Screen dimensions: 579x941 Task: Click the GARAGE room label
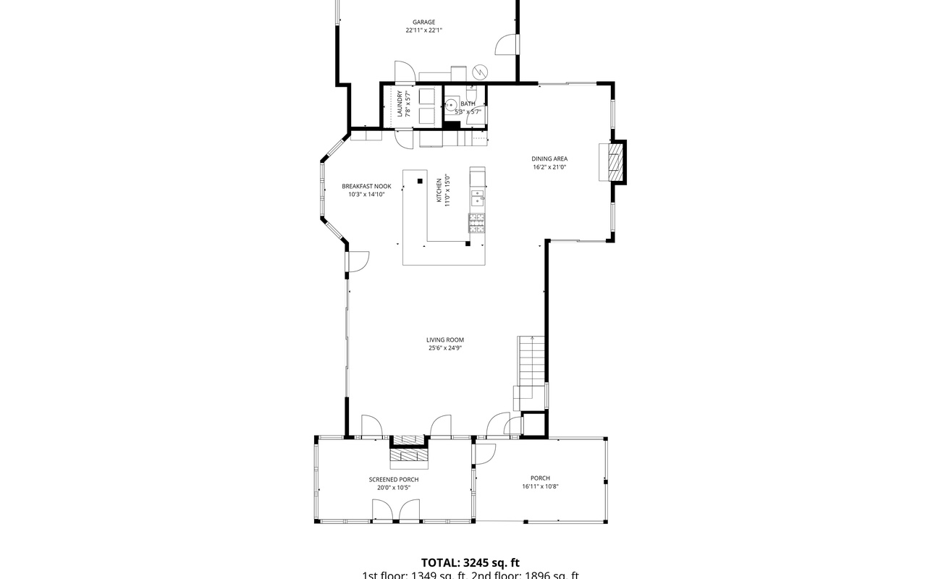point(424,22)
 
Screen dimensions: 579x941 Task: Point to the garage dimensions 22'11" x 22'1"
point(424,30)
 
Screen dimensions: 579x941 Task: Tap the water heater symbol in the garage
point(481,72)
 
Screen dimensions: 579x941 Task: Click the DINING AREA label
point(549,159)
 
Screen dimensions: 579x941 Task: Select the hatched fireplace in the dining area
point(615,161)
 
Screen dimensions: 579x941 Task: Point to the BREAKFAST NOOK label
point(366,186)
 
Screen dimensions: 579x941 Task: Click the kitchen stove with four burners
point(476,224)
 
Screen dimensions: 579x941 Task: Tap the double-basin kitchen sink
point(478,197)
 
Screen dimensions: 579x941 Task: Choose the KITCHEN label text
point(439,190)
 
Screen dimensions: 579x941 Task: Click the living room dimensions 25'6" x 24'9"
point(444,347)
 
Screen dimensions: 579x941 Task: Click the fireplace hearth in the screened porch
point(410,455)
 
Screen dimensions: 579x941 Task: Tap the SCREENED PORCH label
point(394,479)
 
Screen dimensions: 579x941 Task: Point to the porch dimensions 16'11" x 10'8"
point(540,486)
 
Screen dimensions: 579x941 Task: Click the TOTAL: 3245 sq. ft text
point(470,562)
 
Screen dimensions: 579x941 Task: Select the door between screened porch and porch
point(484,454)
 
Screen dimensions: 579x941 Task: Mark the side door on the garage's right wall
point(507,45)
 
